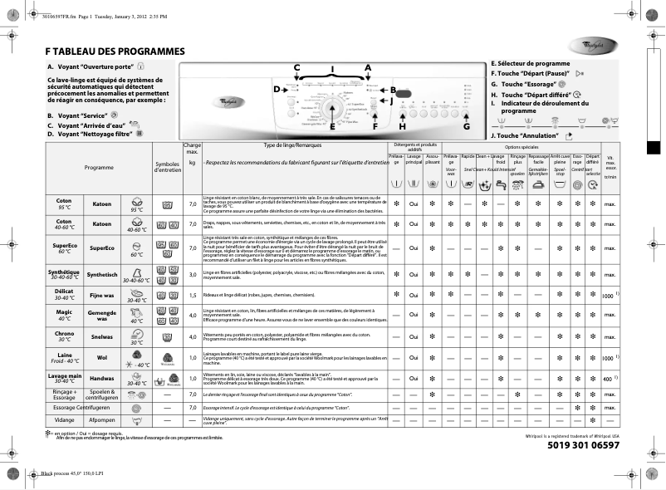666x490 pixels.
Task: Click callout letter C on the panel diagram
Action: click(297, 67)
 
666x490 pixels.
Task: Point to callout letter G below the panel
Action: click(466, 126)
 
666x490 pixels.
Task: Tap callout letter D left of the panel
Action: click(277, 88)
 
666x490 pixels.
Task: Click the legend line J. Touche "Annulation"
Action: click(527, 135)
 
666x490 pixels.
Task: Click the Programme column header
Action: click(99, 167)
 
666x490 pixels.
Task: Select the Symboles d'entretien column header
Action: click(168, 167)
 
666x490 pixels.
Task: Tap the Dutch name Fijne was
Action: click(102, 295)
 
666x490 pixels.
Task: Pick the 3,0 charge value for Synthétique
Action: click(193, 274)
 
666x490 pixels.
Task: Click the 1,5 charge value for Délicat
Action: click(193, 295)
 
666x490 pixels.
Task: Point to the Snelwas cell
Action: click(102, 337)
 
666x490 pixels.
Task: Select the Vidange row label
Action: click(64, 420)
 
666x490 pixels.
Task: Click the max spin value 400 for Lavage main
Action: click(608, 379)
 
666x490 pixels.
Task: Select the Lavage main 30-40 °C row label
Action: click(64, 379)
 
